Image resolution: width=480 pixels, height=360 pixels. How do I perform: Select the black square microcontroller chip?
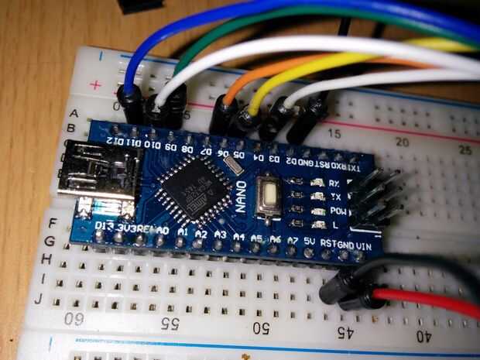187,188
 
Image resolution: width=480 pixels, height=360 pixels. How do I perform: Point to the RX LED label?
335,184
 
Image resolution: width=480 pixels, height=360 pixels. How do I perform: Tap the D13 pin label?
103,225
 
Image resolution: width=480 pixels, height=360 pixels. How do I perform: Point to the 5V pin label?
310,242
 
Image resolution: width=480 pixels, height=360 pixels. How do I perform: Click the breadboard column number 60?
75,317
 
